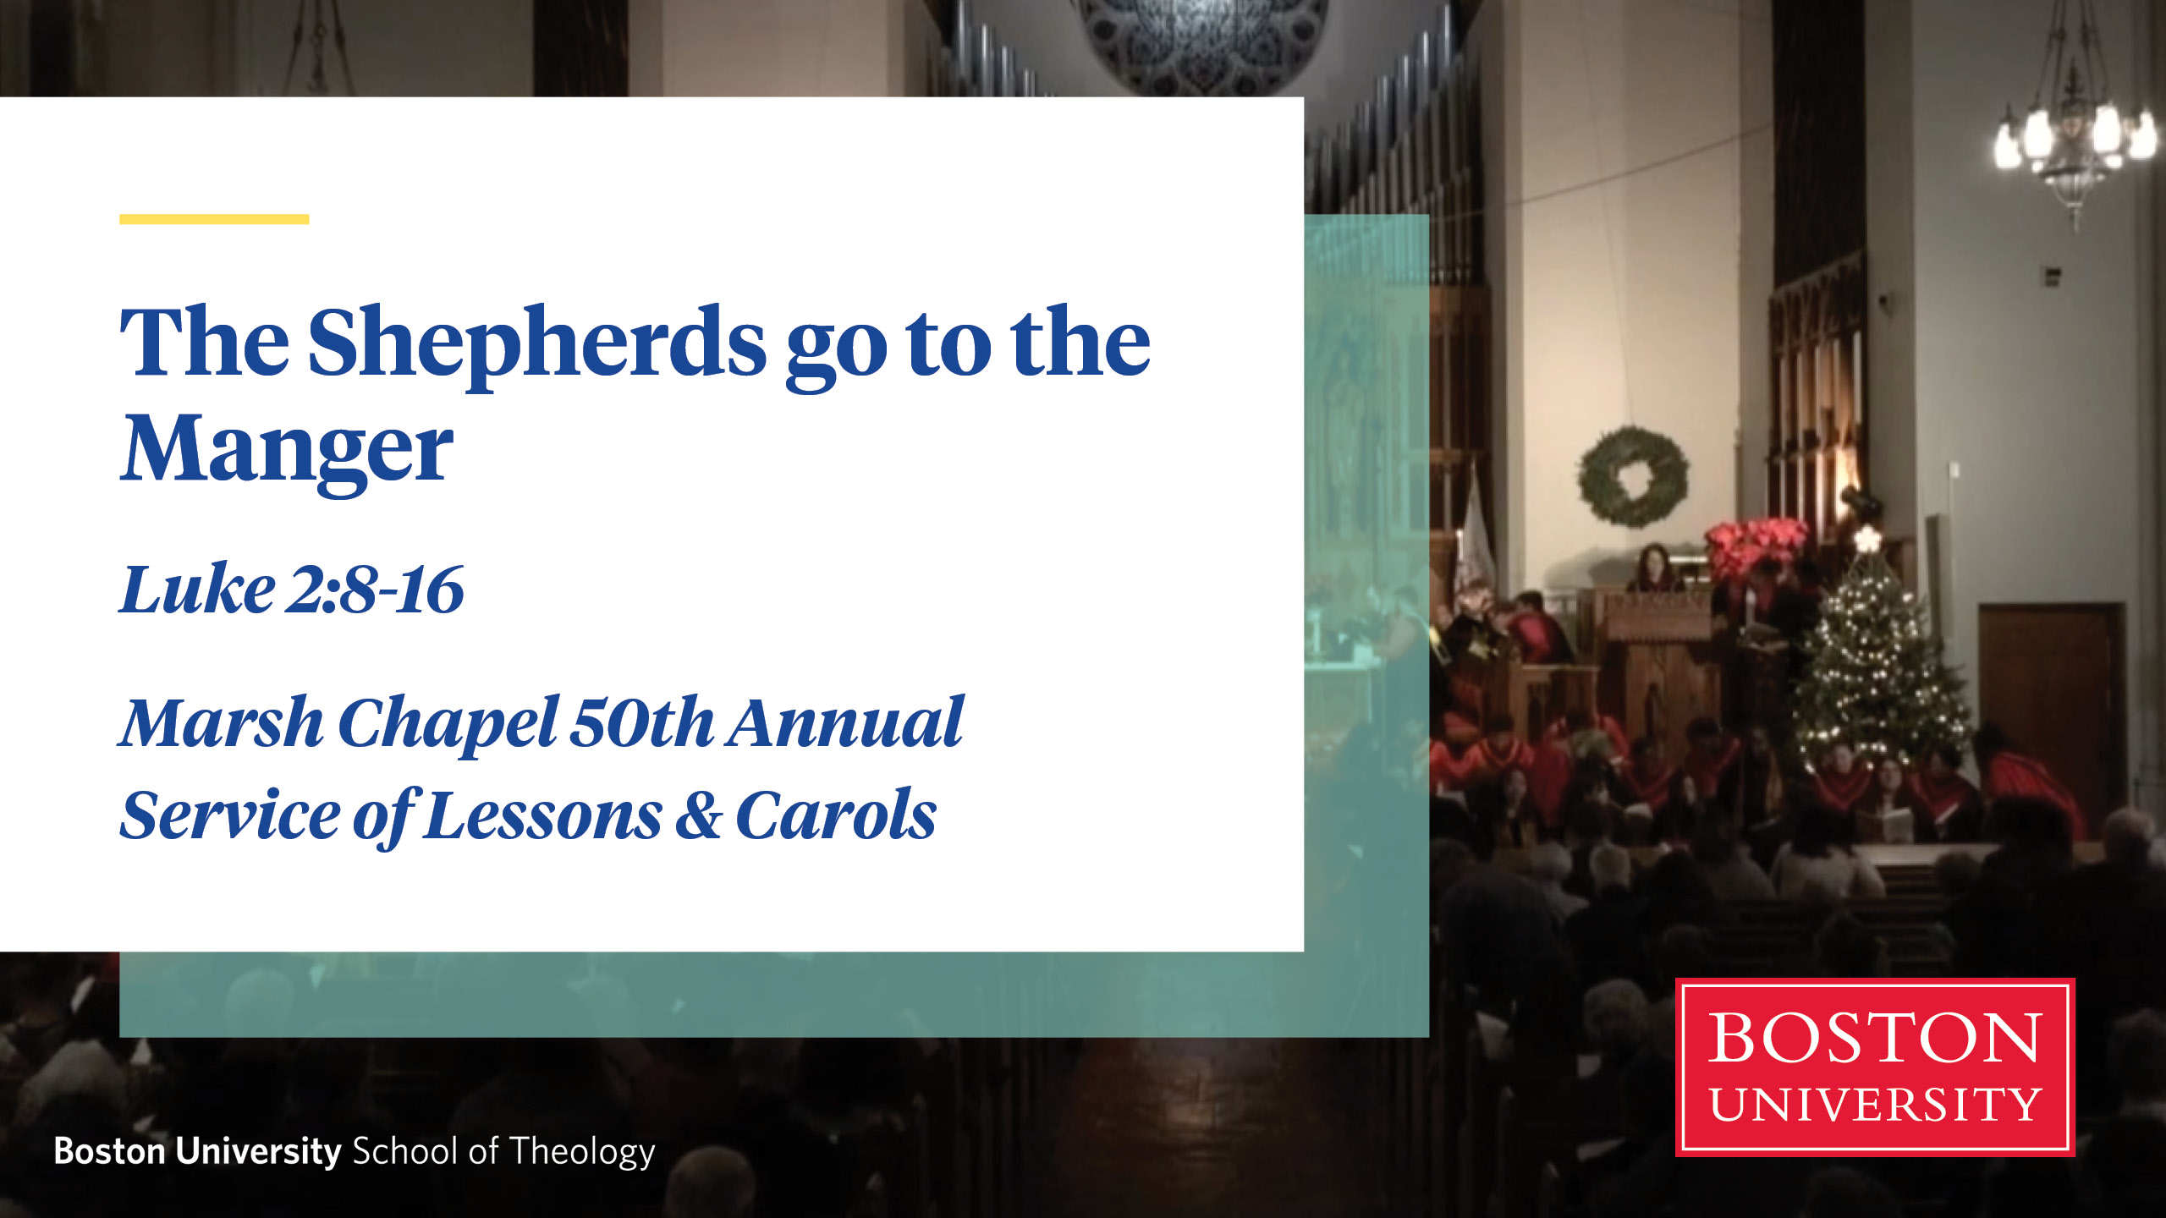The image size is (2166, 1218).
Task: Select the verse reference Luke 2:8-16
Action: click(x=292, y=589)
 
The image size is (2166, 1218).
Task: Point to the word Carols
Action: click(x=836, y=815)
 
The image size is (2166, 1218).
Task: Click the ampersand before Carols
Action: click(x=699, y=815)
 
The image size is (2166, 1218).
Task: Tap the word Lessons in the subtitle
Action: click(x=543, y=815)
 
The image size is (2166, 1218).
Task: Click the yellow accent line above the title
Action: click(x=214, y=219)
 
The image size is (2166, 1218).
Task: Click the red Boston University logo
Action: click(x=1875, y=1067)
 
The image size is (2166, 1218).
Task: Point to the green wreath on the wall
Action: click(x=1633, y=476)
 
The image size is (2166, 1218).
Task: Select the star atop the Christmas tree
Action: click(x=1866, y=539)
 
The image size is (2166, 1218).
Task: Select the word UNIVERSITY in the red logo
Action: click(x=1875, y=1104)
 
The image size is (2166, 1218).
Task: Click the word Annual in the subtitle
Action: click(x=844, y=723)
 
